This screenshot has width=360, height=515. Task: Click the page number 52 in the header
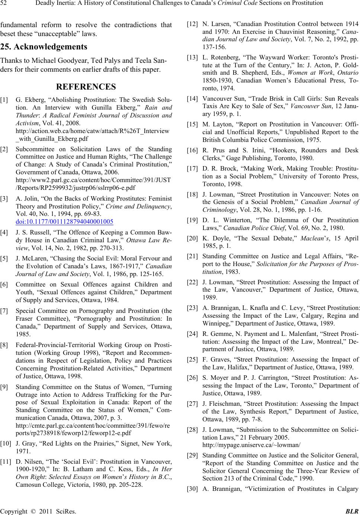tap(4, 4)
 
